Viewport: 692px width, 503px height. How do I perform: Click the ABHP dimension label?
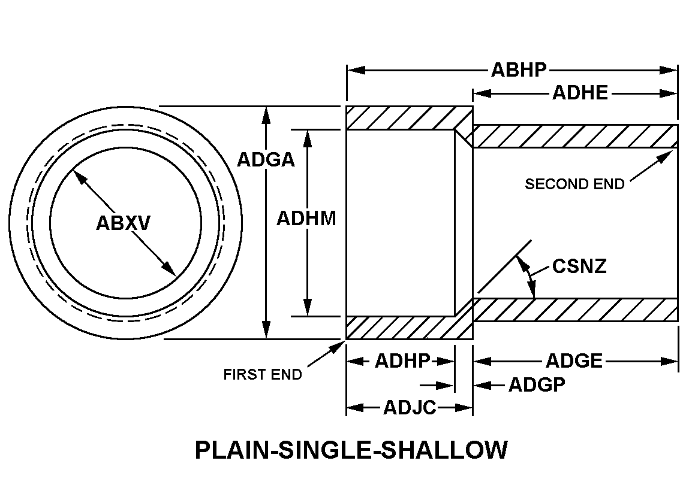pos(519,70)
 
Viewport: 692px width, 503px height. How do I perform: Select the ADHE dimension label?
pos(580,93)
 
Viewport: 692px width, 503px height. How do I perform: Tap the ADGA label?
pos(266,160)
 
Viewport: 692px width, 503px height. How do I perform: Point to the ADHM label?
pos(306,219)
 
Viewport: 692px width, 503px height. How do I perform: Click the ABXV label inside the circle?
pos(124,223)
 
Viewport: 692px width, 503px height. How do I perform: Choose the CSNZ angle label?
pos(579,266)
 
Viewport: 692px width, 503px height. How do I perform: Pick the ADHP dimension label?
pos(402,361)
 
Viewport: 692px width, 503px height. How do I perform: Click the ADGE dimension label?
pos(574,361)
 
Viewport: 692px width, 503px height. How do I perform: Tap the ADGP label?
pos(537,385)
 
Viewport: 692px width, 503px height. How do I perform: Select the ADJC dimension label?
pos(410,408)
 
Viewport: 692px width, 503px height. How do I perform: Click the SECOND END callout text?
pos(574,184)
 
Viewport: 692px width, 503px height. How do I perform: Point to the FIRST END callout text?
pos(263,375)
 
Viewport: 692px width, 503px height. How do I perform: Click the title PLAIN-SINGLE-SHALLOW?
pos(351,450)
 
